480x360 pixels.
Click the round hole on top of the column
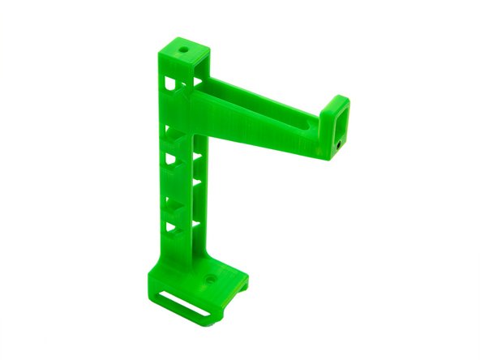pyautogui.click(x=184, y=49)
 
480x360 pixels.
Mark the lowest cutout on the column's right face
pyautogui.click(x=195, y=221)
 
